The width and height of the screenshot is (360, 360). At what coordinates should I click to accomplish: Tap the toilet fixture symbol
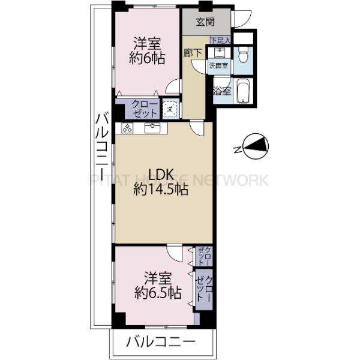pos(242,56)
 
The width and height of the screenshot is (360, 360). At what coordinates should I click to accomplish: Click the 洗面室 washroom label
pos(218,65)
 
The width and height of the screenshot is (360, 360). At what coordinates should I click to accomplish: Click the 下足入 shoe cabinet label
pos(220,41)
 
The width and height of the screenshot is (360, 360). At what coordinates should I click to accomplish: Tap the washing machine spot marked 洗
pos(170,109)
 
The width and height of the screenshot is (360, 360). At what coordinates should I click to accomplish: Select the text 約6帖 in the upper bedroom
pos(146,59)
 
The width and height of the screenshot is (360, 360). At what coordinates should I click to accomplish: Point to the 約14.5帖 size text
pos(161,190)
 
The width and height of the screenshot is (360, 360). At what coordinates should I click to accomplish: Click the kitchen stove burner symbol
pos(128,127)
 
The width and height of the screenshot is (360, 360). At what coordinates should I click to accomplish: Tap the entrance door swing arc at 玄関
pos(242,19)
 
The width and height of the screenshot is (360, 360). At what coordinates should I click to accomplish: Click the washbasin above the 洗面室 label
pos(216,52)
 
